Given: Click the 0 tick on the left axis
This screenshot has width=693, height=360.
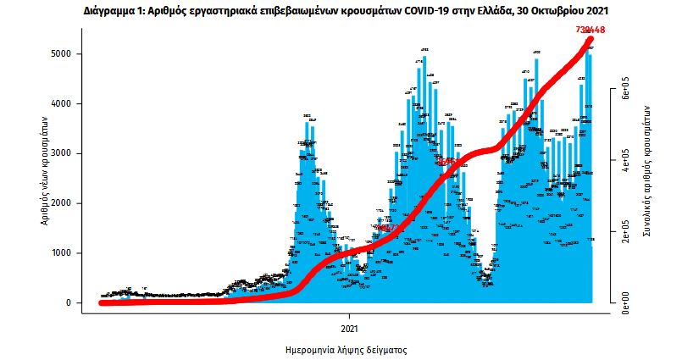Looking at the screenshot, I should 76,303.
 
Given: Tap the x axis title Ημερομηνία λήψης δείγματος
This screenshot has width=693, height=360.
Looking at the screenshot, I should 346,349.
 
